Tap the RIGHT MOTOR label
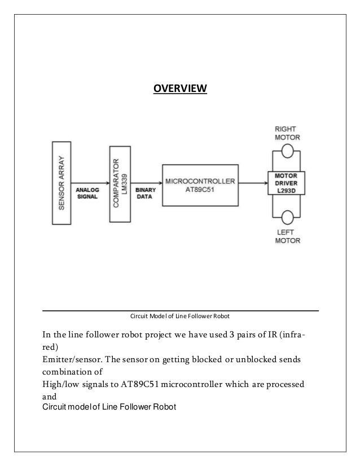[x=288, y=133]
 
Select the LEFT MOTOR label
[x=287, y=235]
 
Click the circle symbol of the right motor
[x=287, y=151]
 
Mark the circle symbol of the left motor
[x=287, y=216]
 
